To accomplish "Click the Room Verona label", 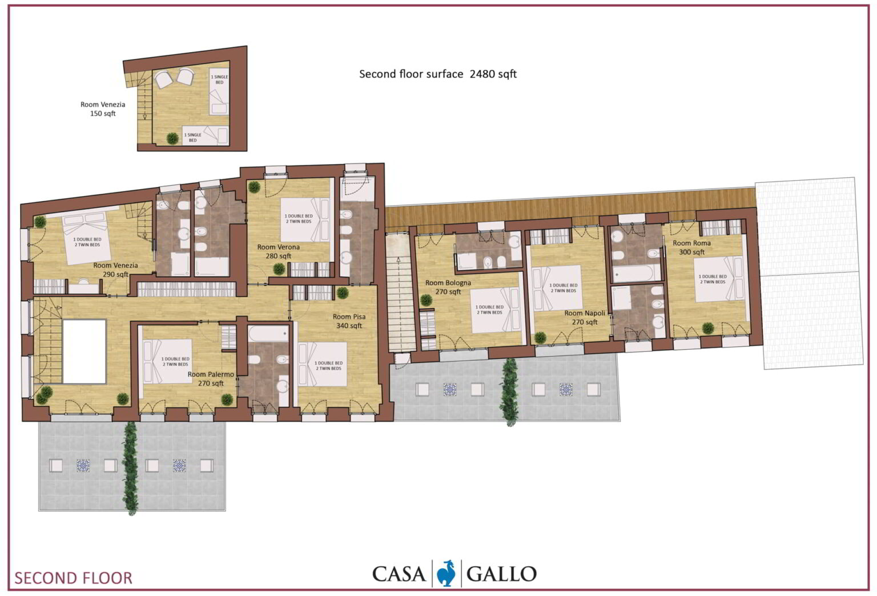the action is [x=279, y=251].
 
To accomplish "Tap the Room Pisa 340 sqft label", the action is [x=349, y=321].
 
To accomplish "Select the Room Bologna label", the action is [x=448, y=287].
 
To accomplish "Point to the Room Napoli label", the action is [x=585, y=318].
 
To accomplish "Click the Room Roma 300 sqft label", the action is [x=692, y=247].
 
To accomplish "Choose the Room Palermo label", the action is [x=211, y=379].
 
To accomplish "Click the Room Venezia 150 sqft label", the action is [x=103, y=109].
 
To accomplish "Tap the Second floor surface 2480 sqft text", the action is [x=438, y=74].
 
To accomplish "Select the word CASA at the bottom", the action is [x=399, y=574].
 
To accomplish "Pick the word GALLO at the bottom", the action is [x=501, y=574].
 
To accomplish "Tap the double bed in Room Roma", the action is [x=718, y=279].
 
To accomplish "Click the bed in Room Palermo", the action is [x=167, y=361].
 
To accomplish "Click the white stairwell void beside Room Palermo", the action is [x=85, y=351].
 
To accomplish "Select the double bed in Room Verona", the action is [x=305, y=219].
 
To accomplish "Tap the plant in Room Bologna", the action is [x=426, y=301].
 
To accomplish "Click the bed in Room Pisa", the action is [x=322, y=365].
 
